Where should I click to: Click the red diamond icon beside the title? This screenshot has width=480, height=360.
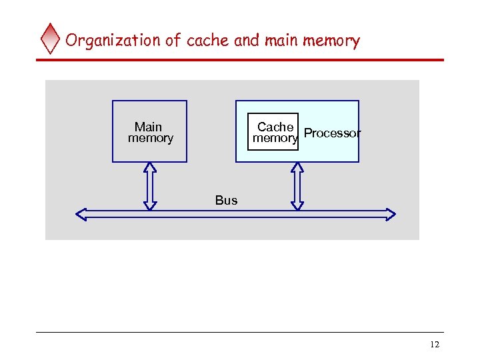click(51, 39)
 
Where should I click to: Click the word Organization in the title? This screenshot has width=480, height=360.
click(113, 41)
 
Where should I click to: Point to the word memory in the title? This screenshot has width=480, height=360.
click(331, 41)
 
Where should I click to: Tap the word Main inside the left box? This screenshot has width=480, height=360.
click(148, 127)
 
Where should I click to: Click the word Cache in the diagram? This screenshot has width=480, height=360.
click(275, 127)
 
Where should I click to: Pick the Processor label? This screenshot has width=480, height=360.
click(332, 133)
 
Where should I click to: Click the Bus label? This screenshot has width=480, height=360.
click(226, 200)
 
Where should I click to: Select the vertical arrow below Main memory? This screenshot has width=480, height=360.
click(150, 186)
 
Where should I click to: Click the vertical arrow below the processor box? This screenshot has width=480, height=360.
click(297, 186)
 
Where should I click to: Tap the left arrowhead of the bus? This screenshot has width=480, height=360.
click(81, 214)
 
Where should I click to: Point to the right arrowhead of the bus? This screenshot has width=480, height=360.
click(390, 214)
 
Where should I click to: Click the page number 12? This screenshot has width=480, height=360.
click(435, 345)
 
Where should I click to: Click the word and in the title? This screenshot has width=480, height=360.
click(247, 41)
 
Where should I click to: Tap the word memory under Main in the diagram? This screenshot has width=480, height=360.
click(151, 138)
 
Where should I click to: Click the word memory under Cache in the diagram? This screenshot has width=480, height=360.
click(275, 138)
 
